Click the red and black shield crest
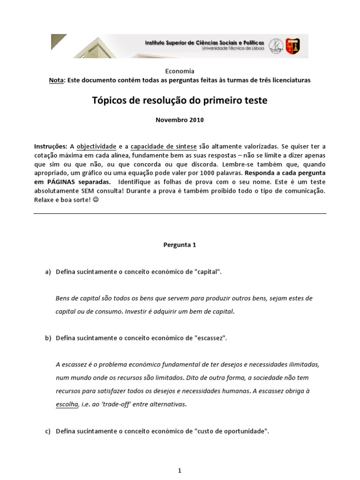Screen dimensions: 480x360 tap(292, 45)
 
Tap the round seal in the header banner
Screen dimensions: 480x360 tap(277, 45)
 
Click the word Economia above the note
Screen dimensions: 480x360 tap(180, 71)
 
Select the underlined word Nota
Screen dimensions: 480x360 tap(56, 80)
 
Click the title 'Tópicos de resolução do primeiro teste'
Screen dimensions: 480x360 tap(180, 101)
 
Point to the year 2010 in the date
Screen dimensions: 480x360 tap(197, 120)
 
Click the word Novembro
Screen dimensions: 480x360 tap(172, 120)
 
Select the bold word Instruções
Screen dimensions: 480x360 tap(51, 146)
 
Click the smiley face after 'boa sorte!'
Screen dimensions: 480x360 tap(96, 200)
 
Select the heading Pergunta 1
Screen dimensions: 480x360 tap(180, 245)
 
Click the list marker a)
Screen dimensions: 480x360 tap(48, 272)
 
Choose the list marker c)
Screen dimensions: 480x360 tap(48, 431)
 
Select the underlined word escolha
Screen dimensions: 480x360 tap(67, 405)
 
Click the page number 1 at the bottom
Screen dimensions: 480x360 tap(180, 458)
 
